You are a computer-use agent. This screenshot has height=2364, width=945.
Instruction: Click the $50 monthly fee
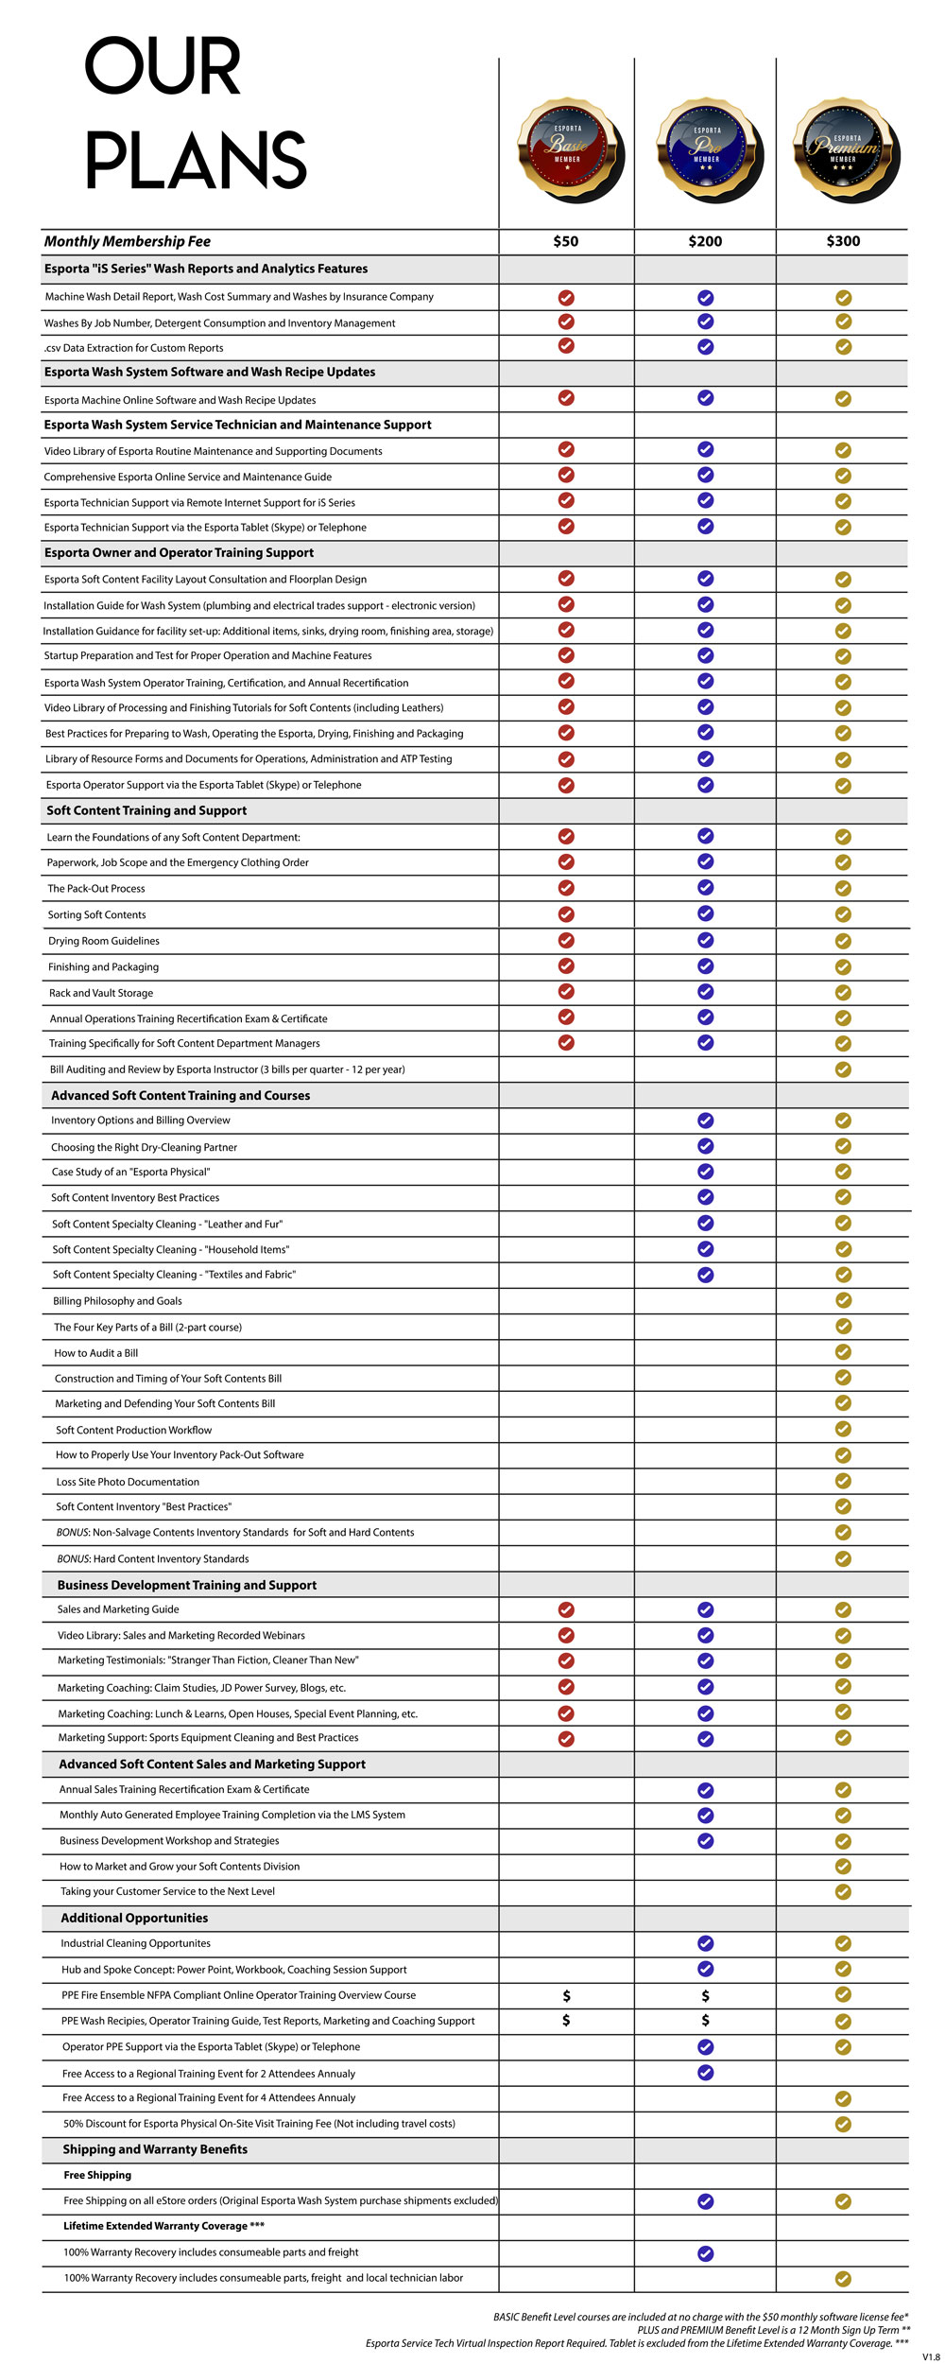566,241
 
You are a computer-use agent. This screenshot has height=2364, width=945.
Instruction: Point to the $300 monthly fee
843,241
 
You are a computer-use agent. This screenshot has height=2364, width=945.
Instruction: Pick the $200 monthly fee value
705,241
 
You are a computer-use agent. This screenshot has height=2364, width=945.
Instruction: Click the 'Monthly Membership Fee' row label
128,241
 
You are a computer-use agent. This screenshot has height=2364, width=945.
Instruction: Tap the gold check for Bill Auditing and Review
843,1069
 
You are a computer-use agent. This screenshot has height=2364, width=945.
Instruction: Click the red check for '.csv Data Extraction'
566,346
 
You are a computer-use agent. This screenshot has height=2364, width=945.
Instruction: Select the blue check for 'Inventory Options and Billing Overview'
705,1121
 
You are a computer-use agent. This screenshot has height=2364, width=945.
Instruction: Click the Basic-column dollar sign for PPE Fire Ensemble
566,1995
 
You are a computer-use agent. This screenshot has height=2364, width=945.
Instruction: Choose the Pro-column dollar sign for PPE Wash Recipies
705,2021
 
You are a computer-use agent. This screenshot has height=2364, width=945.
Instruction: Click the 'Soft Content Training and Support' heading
146,810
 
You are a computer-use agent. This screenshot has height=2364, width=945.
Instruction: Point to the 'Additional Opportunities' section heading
134,1918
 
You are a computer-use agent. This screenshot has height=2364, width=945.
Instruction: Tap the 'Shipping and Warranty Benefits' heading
155,2149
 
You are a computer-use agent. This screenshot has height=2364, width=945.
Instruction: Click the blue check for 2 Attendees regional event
705,2073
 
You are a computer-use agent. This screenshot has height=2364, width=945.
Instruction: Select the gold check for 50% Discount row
843,2124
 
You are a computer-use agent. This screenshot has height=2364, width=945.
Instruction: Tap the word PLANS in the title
197,161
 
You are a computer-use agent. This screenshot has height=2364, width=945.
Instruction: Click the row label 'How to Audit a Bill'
96,1353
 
